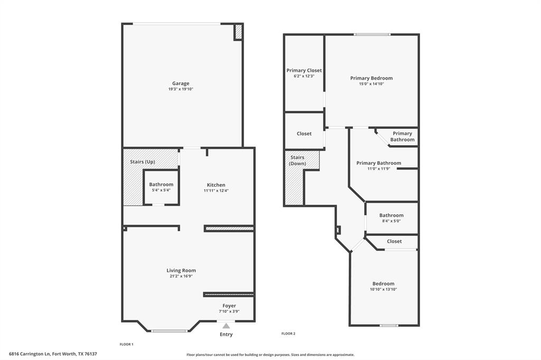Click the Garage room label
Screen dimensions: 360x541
181,83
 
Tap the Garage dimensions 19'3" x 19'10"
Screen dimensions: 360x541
181,89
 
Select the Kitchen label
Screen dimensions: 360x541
216,185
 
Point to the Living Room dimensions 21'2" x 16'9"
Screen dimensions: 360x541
181,276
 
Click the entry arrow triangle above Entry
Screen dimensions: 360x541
226,326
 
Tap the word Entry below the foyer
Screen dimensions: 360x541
226,334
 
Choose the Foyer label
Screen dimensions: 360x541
229,306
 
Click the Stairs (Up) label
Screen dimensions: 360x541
143,162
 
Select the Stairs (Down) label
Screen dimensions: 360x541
297,160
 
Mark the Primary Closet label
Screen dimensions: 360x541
304,70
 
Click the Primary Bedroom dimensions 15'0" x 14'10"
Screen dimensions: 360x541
371,84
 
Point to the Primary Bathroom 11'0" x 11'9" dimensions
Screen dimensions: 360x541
378,169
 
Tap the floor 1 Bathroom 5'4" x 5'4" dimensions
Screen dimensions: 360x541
161,190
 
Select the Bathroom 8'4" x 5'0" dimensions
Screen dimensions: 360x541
391,221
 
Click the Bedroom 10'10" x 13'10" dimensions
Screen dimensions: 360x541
383,289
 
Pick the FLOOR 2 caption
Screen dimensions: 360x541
288,334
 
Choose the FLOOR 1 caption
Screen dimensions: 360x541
126,344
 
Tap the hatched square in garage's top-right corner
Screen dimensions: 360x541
238,32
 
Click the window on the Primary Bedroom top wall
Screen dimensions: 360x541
372,35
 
